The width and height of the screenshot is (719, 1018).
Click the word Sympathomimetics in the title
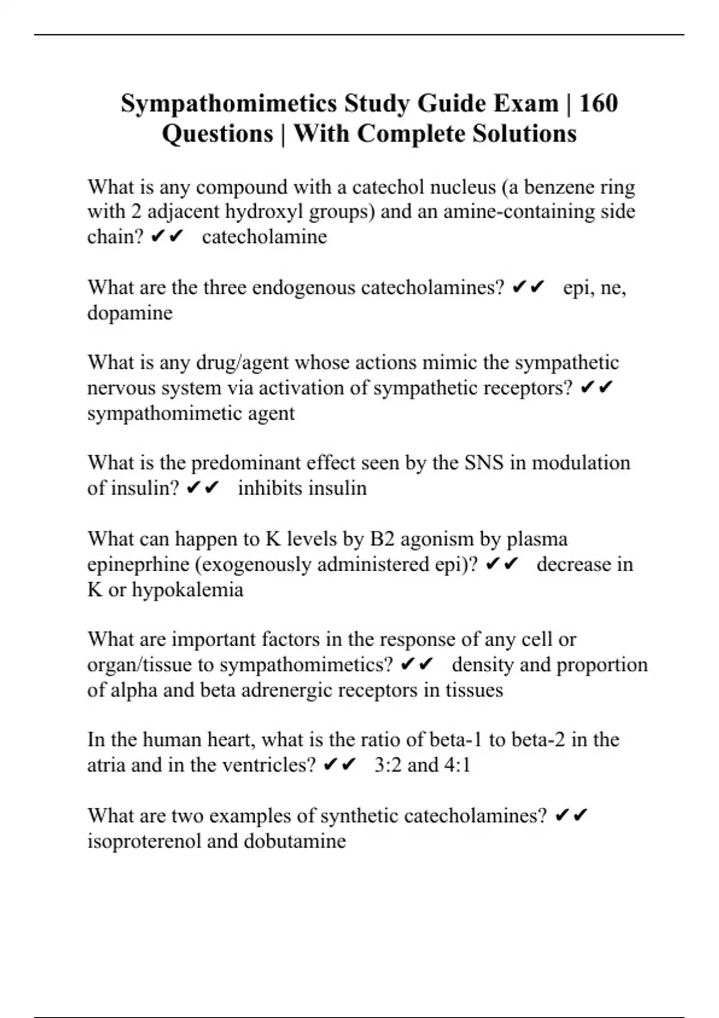(x=228, y=104)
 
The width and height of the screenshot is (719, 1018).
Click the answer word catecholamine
(x=264, y=237)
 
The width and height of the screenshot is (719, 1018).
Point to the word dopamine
(x=130, y=313)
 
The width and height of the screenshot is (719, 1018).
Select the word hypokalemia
(x=187, y=590)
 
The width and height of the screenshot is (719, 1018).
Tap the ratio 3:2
(x=388, y=765)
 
